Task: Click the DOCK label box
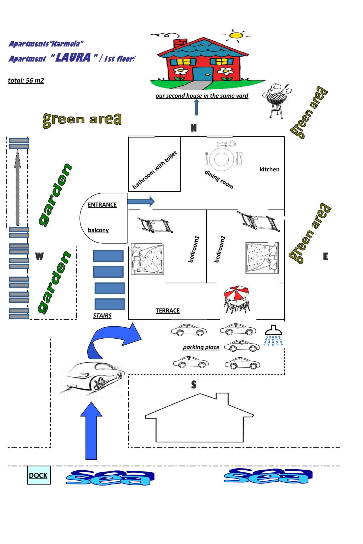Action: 39,475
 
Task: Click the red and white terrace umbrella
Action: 236,293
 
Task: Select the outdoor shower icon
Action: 274,335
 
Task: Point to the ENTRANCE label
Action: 102,205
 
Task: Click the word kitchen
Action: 269,169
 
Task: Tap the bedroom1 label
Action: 194,249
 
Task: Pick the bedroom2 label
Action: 220,249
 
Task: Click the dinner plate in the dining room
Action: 222,159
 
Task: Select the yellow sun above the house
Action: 236,35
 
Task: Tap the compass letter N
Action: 194,128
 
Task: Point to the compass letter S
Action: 194,385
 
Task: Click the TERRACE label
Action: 168,311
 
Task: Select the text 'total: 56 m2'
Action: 26,80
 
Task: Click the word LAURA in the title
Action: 73,57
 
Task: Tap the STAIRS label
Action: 102,316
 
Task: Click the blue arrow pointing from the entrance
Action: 141,202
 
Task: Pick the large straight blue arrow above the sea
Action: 91,431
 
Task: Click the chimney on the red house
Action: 180,43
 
